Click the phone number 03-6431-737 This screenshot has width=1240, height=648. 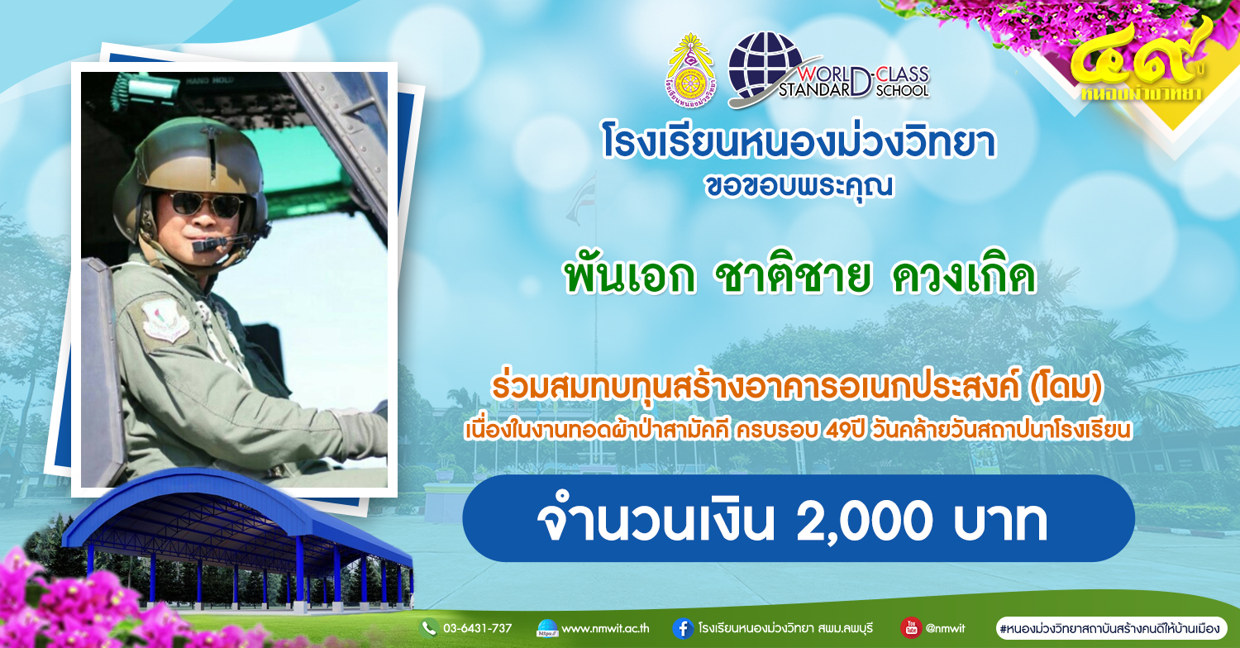coord(477,629)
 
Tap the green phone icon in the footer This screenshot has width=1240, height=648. coord(429,628)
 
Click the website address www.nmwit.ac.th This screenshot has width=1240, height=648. coord(605,629)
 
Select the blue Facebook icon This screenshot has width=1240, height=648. coord(683,629)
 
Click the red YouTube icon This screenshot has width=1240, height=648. coord(911,627)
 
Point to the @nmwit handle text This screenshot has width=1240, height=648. coord(945,629)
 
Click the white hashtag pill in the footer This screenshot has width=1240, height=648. coord(1112,629)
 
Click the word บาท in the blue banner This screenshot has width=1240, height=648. coord(1000,521)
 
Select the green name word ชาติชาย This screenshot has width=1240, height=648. coord(793,277)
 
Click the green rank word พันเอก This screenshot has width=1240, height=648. coord(629,277)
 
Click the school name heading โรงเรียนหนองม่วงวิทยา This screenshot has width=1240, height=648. coord(799,142)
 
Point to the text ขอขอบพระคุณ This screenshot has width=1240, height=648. coord(799,185)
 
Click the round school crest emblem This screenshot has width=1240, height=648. coord(689,70)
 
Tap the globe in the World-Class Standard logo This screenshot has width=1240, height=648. coord(765,66)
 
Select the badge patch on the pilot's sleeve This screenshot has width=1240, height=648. coord(165,321)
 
